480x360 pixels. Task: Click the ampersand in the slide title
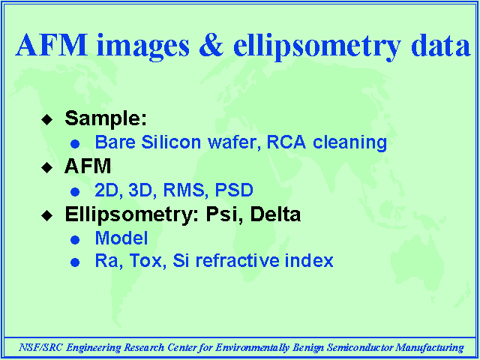[x=211, y=45]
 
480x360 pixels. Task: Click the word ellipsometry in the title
[x=316, y=46]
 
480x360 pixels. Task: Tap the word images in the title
[x=142, y=46]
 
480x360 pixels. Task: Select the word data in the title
[x=440, y=45]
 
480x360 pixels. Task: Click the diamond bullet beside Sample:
[x=46, y=119]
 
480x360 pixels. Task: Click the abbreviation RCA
[x=286, y=142]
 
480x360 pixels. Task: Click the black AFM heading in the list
[x=88, y=166]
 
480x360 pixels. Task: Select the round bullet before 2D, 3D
[x=75, y=192]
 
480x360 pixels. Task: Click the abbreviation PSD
[x=234, y=190]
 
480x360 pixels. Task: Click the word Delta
[x=275, y=214]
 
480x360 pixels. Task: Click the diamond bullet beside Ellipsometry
[x=46, y=215]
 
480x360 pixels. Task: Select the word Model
[x=121, y=238]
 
